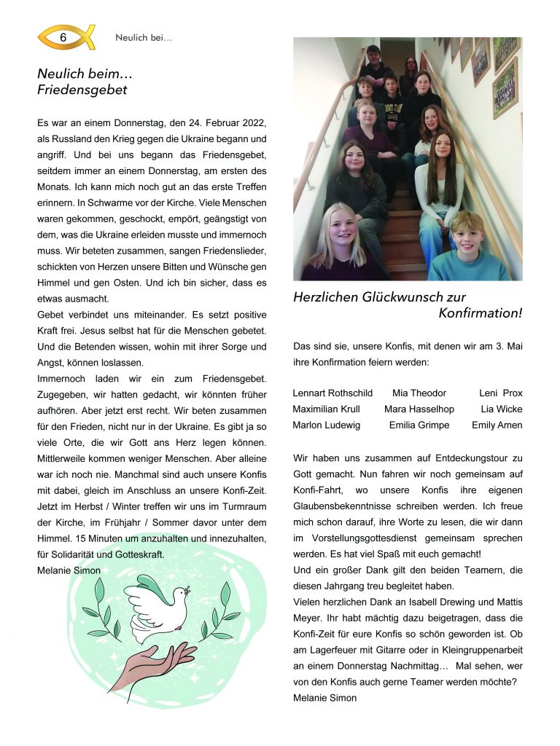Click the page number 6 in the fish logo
point(63,37)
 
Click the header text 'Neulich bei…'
point(144,38)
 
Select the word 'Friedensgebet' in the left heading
point(82,90)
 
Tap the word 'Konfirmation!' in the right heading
point(480,313)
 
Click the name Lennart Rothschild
point(332,393)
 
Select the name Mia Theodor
point(419,393)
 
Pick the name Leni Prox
point(500,393)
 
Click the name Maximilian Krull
point(326,409)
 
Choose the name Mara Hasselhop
point(419,409)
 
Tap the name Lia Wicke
point(501,409)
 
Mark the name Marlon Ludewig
point(326,425)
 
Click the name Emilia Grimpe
point(419,425)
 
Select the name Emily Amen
point(497,425)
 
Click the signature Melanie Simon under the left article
point(69,570)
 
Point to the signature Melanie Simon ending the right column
point(324,698)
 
